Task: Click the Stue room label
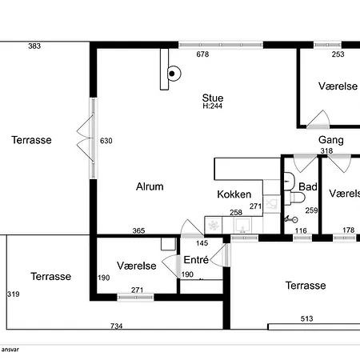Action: pyautogui.click(x=213, y=98)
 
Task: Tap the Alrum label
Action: pyautogui.click(x=150, y=186)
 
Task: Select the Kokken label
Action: pyautogui.click(x=234, y=194)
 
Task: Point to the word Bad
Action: pyautogui.click(x=308, y=186)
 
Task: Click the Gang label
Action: pyautogui.click(x=331, y=140)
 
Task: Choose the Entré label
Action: pyautogui.click(x=196, y=259)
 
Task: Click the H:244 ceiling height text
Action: pyautogui.click(x=213, y=106)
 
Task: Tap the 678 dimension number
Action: pyautogui.click(x=202, y=54)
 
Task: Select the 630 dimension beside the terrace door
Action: pyautogui.click(x=106, y=141)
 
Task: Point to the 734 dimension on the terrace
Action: pyautogui.click(x=117, y=326)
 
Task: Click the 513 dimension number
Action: pyautogui.click(x=306, y=318)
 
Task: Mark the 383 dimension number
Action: pyautogui.click(x=34, y=46)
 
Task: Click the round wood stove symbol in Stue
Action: pyautogui.click(x=174, y=74)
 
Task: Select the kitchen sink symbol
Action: pyautogui.click(x=242, y=226)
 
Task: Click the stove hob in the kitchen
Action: pyautogui.click(x=214, y=226)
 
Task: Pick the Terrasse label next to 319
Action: pyautogui.click(x=51, y=276)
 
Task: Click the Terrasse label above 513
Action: pyautogui.click(x=306, y=286)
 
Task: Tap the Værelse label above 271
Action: pyautogui.click(x=137, y=266)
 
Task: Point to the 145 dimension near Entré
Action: pyautogui.click(x=202, y=243)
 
